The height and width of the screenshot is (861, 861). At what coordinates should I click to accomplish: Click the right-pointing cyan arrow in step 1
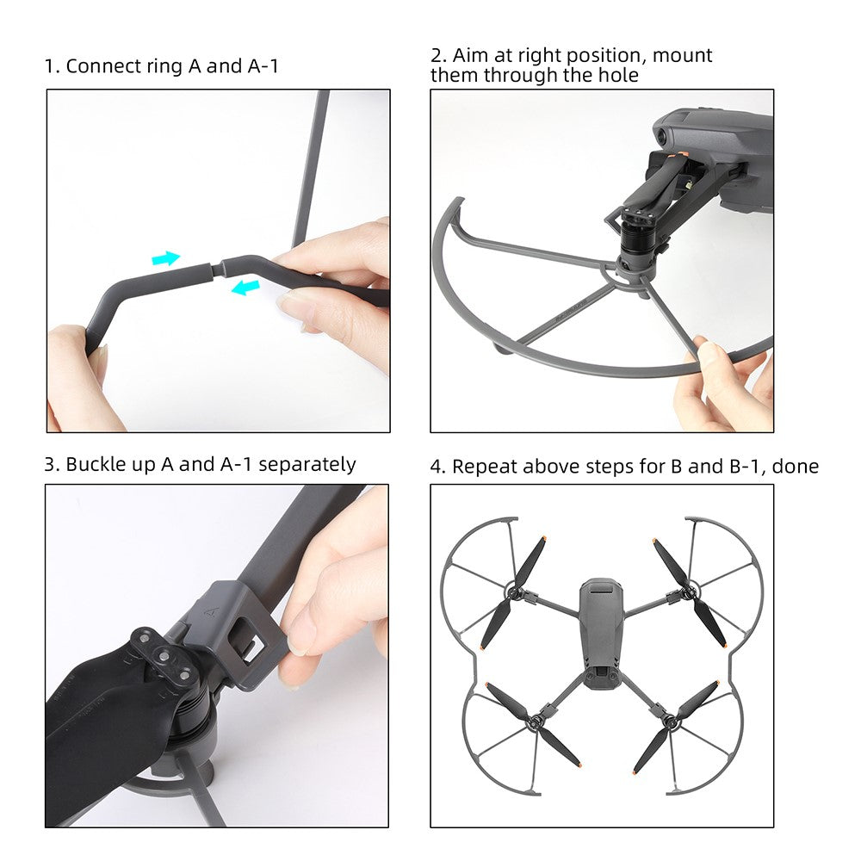coord(166,258)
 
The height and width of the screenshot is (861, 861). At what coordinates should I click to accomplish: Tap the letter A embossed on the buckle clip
coord(212,611)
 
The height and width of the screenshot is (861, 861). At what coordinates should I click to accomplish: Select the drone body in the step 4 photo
coord(599,631)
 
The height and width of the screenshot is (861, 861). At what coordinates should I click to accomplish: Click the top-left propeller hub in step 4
coord(516,592)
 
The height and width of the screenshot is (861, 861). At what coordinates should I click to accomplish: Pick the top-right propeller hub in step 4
coord(686,592)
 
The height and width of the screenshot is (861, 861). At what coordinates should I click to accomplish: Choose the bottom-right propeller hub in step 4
coord(671,721)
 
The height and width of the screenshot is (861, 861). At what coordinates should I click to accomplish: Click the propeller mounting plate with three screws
coord(162,656)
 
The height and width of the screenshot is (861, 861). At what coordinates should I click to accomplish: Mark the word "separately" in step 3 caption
coord(307,466)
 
